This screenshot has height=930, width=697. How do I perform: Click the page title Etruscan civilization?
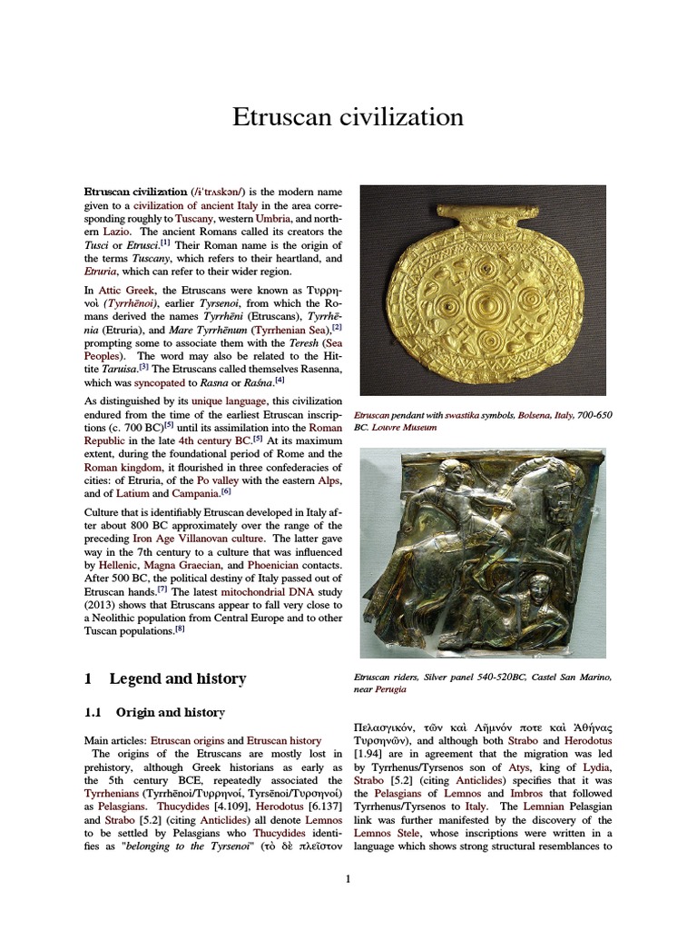(348, 118)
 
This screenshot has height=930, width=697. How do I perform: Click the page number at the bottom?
(348, 879)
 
